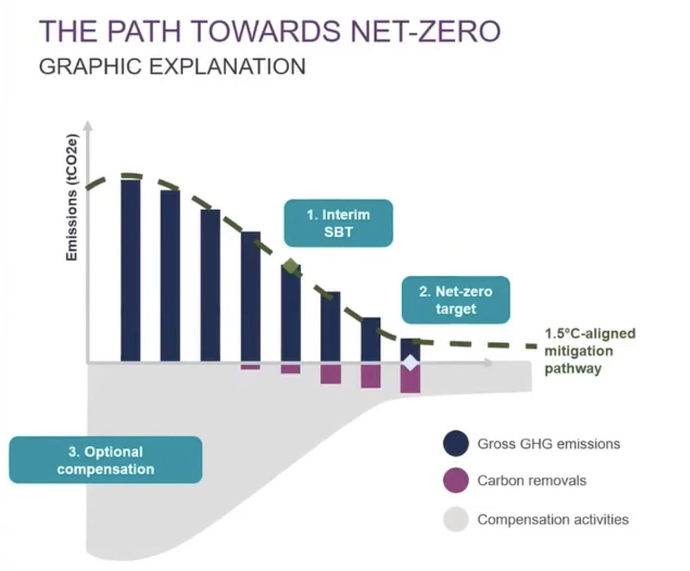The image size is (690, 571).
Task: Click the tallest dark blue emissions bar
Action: tap(131, 270)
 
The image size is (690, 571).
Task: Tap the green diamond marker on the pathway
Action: tap(291, 266)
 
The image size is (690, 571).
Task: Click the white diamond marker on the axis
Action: tap(410, 363)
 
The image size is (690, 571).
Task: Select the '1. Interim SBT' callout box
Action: tap(339, 223)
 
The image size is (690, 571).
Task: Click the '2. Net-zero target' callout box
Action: tap(456, 300)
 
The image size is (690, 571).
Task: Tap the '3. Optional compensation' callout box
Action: tap(106, 460)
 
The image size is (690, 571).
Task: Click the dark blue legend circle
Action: tap(456, 443)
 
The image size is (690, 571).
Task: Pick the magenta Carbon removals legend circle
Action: tap(456, 480)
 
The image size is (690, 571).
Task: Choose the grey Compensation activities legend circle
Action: tap(456, 519)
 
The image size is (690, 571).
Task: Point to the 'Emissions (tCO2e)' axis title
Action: tap(72, 197)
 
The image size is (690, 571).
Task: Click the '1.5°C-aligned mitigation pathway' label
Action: tap(590, 351)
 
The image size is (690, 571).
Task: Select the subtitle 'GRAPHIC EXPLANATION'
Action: tap(172, 66)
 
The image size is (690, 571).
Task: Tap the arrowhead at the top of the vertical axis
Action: tap(89, 125)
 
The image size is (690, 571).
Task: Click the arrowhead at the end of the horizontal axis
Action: tap(488, 363)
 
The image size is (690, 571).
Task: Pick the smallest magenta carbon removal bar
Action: tap(250, 366)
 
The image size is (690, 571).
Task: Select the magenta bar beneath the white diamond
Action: tap(410, 380)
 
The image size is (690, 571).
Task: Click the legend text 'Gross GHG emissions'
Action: tap(549, 444)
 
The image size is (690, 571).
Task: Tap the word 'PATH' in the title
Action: tap(144, 31)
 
